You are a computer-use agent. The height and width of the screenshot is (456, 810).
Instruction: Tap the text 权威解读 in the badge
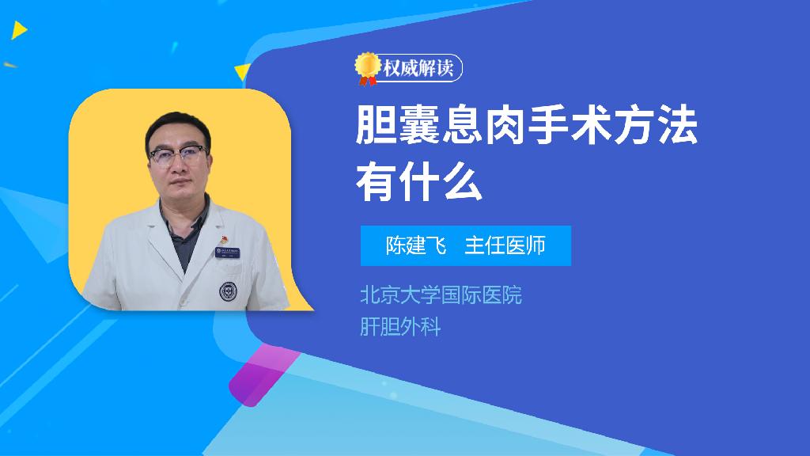click(x=418, y=68)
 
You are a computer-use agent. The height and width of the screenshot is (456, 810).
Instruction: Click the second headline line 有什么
click(x=419, y=181)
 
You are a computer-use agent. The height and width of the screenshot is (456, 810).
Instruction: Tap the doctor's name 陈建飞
click(x=416, y=245)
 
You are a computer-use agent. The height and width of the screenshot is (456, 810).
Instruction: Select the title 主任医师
click(x=505, y=245)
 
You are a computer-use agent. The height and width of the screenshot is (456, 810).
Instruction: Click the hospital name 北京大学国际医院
click(x=441, y=295)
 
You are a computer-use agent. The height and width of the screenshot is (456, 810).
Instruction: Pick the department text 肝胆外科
click(x=400, y=327)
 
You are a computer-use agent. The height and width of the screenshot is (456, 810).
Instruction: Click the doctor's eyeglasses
click(x=178, y=155)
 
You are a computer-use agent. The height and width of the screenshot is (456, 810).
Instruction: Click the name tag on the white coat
click(x=227, y=252)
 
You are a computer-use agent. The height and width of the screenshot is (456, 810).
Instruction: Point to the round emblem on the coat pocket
click(x=227, y=291)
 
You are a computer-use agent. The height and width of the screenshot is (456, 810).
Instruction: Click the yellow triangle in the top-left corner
click(x=19, y=30)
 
